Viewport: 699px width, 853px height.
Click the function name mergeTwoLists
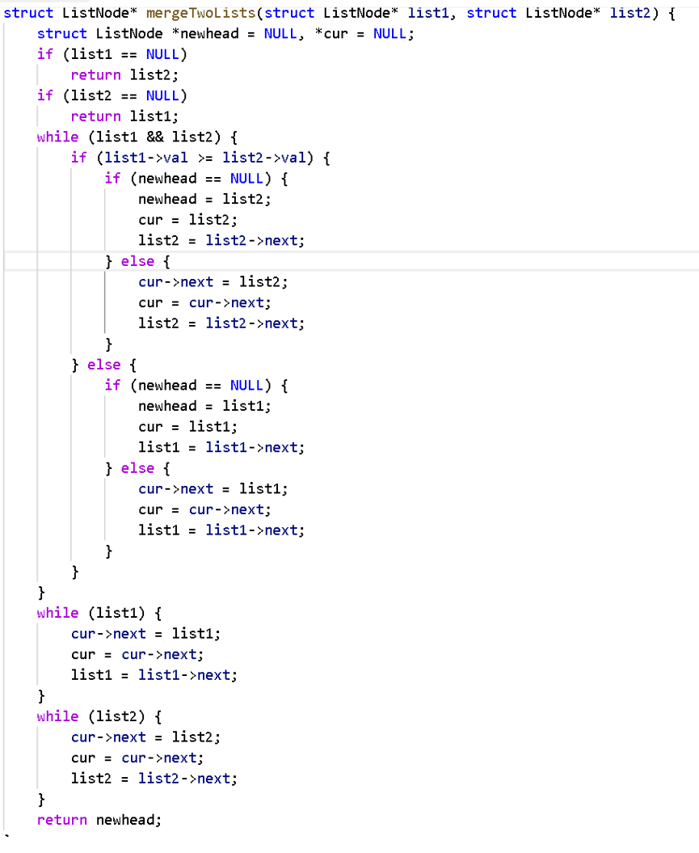tap(200, 13)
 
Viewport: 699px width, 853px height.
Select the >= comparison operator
tap(205, 158)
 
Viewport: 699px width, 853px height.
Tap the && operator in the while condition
tap(155, 137)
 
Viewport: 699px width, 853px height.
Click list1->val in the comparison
tap(146, 158)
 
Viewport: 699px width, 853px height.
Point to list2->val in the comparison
tap(264, 158)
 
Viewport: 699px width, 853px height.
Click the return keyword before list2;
tap(95, 75)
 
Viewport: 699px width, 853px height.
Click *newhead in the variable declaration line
tap(205, 34)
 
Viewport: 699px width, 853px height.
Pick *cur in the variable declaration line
tap(331, 34)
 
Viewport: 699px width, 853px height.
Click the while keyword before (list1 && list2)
tap(57, 137)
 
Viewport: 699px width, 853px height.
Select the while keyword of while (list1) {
tap(57, 613)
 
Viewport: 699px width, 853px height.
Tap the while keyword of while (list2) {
tap(57, 716)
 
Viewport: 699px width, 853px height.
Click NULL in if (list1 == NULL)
tap(162, 54)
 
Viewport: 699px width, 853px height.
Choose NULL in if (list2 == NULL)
tap(162, 95)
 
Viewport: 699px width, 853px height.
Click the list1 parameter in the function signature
tap(429, 13)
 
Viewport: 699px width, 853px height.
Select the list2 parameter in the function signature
tap(630, 13)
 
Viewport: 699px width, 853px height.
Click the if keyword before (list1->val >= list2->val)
tap(79, 158)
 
